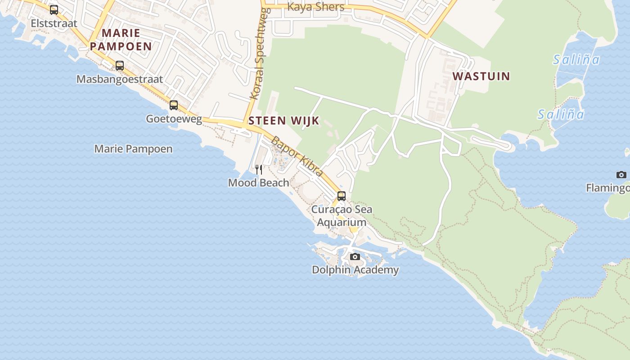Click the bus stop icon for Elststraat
(54, 9)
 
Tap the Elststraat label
(54, 23)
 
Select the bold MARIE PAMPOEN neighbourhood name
(121, 39)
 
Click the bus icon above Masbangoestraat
(120, 66)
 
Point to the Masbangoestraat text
(120, 79)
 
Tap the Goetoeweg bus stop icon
(174, 105)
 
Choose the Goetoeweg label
(174, 119)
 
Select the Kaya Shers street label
(315, 7)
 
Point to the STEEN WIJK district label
(284, 121)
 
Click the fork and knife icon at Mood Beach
(259, 169)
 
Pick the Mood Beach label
(259, 183)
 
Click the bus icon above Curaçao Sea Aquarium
(342, 196)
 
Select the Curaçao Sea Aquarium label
(342, 216)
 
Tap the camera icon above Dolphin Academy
(355, 257)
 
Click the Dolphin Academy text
(355, 270)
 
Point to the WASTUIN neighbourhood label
(481, 76)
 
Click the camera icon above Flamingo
(621, 175)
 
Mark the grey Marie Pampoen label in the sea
(133, 149)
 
